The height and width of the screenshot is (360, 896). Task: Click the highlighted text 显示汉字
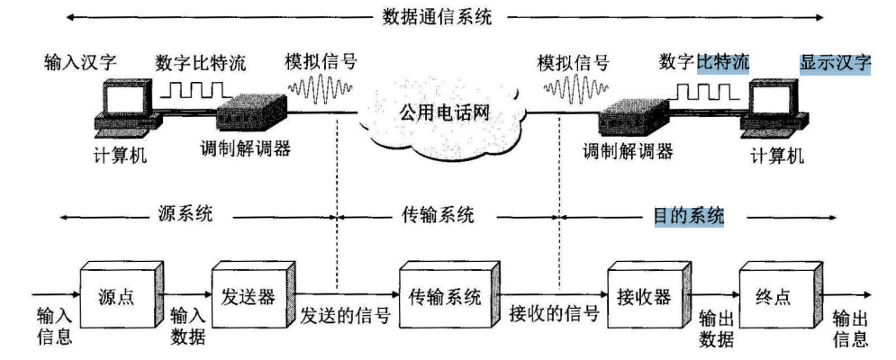point(835,64)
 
